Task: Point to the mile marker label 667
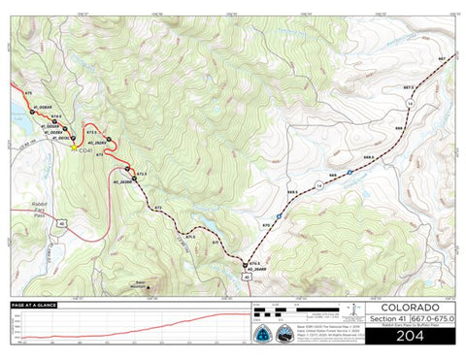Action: click(x=441, y=60)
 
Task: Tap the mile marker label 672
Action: click(x=157, y=208)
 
